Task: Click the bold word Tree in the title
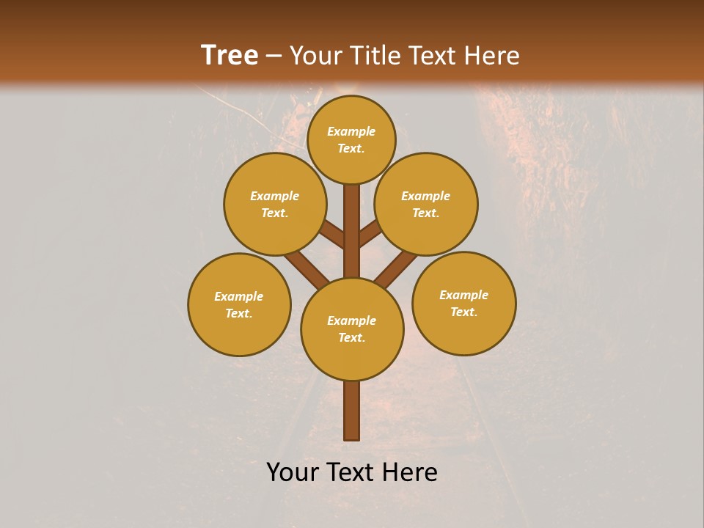point(230,55)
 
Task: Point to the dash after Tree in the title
point(274,56)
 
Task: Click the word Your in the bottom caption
point(293,472)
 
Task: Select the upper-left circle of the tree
point(275,204)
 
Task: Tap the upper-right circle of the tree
point(426,204)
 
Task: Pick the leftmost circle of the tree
point(239,304)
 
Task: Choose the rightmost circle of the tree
point(464,303)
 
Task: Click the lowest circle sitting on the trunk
point(352,329)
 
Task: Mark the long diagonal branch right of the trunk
point(396,268)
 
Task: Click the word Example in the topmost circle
point(351,131)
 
